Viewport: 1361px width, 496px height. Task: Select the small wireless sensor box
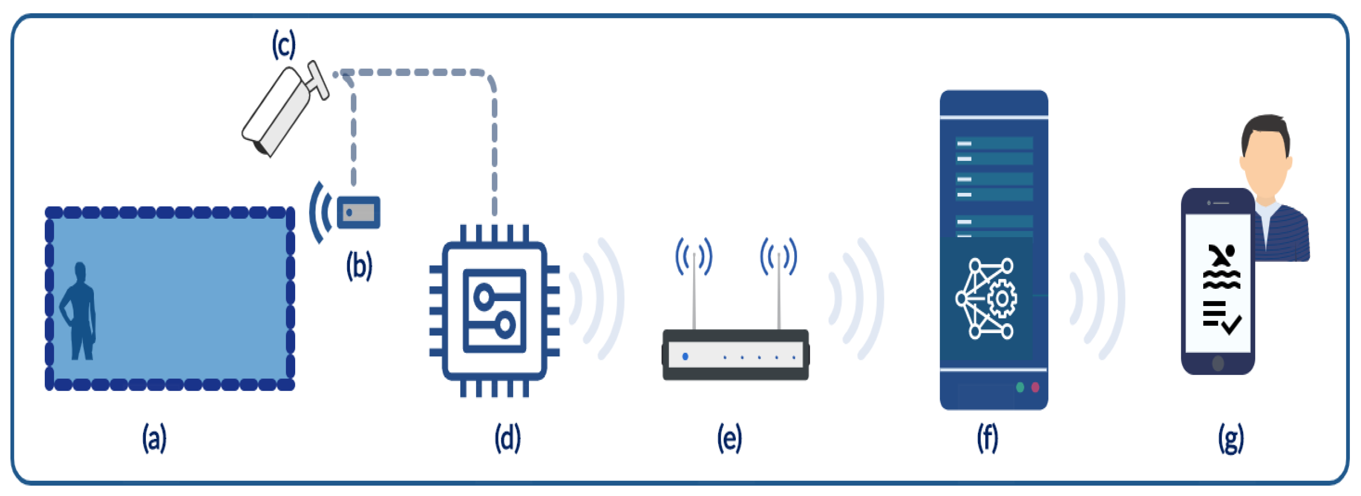[x=358, y=212]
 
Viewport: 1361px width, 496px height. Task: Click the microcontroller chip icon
[x=495, y=311]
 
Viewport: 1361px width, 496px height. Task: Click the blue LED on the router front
[x=685, y=356]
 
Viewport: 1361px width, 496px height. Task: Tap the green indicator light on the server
[x=1020, y=388]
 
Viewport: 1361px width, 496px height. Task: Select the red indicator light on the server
[x=1035, y=388]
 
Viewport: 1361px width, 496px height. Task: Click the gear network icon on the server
[x=986, y=299]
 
